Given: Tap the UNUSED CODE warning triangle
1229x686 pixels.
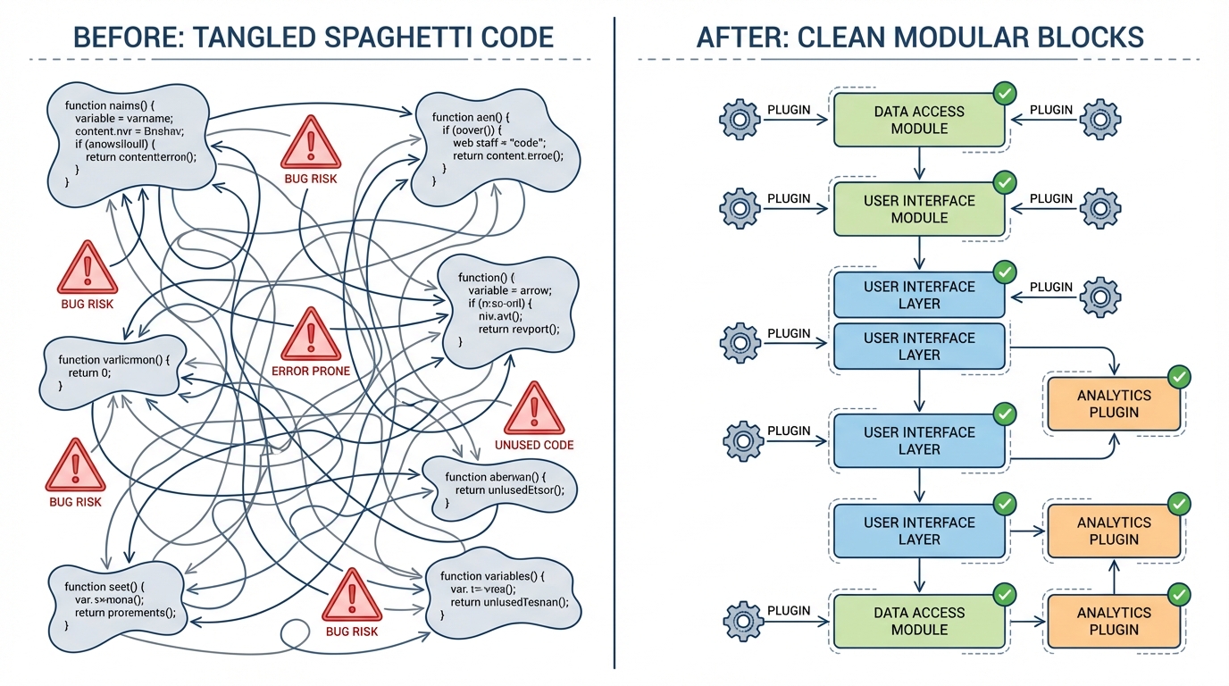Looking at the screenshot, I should pyautogui.click(x=534, y=410).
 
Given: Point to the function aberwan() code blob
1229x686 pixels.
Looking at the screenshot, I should pyautogui.click(x=500, y=483).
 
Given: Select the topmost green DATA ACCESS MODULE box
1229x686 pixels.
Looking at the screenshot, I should pyautogui.click(x=919, y=121).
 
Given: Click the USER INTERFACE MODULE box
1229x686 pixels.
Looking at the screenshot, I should pyautogui.click(x=919, y=209).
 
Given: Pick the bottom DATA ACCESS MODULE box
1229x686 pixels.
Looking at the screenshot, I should pyautogui.click(x=919, y=621).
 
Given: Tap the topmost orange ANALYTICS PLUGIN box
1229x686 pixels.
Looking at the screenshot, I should pyautogui.click(x=1114, y=404).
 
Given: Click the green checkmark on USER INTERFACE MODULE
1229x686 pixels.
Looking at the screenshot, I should pyautogui.click(x=1005, y=183).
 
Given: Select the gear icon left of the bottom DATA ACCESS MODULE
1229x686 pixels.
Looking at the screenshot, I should pyautogui.click(x=740, y=620).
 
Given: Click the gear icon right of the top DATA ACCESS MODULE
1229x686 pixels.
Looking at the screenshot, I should pyautogui.click(x=1099, y=119).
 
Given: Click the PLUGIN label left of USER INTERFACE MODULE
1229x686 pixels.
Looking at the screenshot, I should pyautogui.click(x=789, y=198).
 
